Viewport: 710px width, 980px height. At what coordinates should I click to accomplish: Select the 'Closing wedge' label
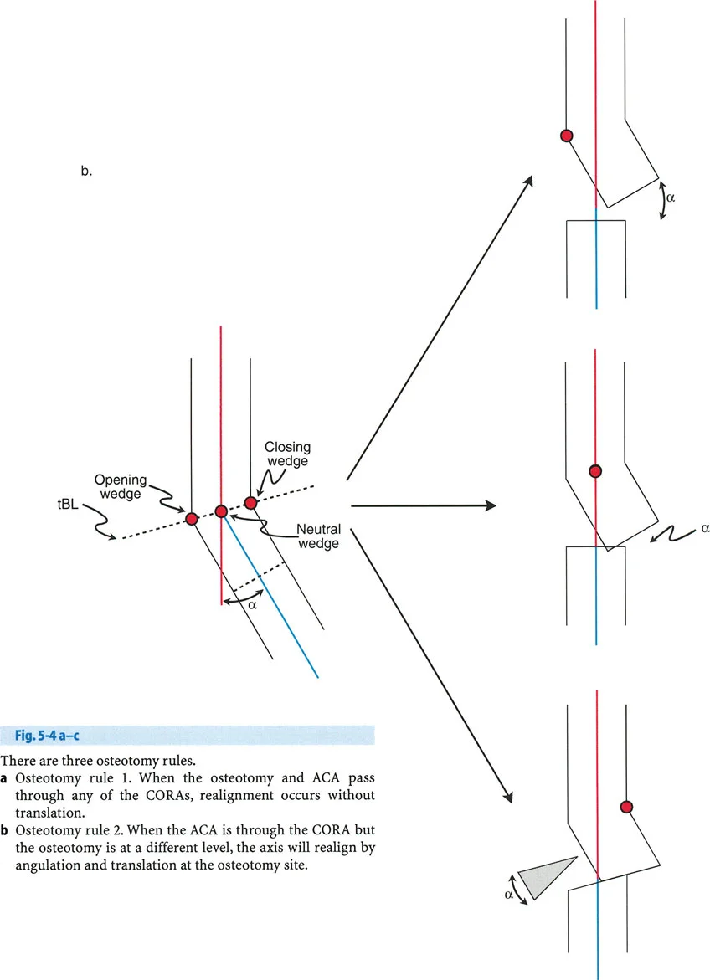287,454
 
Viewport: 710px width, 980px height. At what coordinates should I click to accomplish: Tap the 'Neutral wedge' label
318,536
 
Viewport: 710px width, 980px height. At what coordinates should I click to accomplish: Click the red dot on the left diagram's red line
221,511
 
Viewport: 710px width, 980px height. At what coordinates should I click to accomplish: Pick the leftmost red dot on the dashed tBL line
192,519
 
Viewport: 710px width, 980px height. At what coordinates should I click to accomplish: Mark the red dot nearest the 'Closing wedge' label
250,502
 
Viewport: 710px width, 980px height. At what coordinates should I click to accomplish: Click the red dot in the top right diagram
566,135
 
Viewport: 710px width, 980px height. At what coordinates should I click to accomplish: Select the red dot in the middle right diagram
595,471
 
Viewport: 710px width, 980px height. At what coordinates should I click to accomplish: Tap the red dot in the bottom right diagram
625,807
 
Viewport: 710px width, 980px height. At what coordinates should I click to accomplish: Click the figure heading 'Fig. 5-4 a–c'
48,736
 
